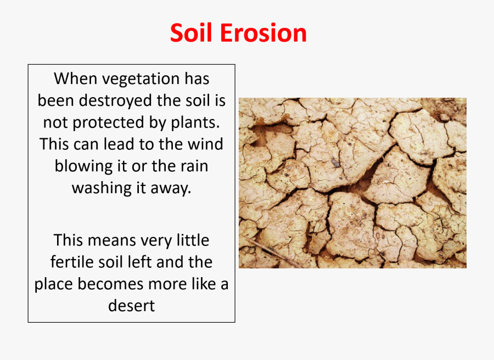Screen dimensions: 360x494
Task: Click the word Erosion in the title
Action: [x=263, y=33]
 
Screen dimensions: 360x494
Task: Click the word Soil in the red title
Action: [x=193, y=33]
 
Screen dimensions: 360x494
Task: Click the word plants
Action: [x=194, y=123]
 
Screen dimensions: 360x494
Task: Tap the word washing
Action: [x=101, y=188]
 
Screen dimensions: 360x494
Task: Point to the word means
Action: [x=111, y=240]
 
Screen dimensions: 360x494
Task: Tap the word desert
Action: [x=131, y=305]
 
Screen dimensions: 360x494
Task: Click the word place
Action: [x=54, y=285]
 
